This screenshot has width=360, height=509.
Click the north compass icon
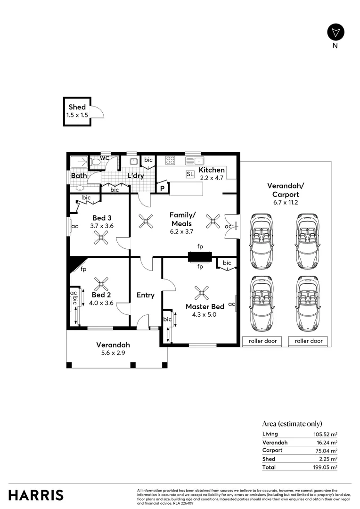[x=335, y=32]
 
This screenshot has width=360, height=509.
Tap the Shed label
[x=77, y=107]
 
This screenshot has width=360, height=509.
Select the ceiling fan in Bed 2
[x=101, y=284]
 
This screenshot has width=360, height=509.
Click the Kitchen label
[x=212, y=170]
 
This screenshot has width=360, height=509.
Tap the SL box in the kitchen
[x=190, y=174]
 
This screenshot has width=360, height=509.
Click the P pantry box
[x=163, y=189]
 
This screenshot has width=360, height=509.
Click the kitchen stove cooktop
[x=170, y=160]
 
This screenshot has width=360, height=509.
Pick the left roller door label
[x=262, y=341]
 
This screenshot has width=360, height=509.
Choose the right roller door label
[x=309, y=341]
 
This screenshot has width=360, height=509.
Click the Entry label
[x=145, y=295]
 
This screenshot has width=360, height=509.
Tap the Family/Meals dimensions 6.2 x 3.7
[x=181, y=231]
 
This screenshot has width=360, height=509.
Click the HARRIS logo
[x=36, y=495]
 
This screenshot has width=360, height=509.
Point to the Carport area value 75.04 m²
[x=327, y=450]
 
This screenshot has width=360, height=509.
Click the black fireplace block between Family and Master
[x=200, y=257]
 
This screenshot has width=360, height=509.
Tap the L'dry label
[x=136, y=176]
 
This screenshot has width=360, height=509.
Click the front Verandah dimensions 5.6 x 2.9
[x=113, y=353]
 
